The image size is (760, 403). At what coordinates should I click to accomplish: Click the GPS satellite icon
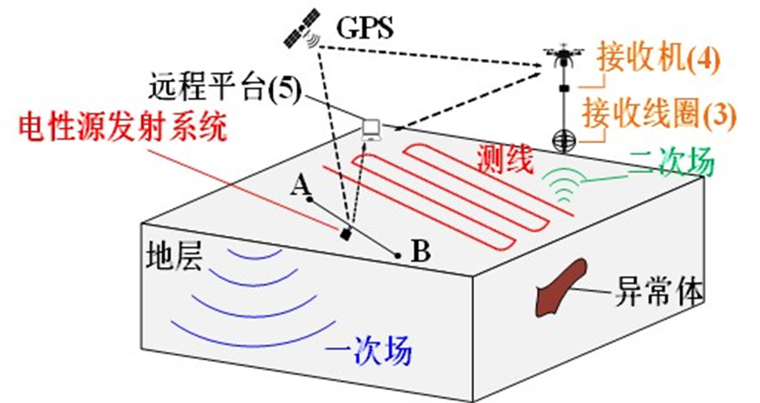(302, 29)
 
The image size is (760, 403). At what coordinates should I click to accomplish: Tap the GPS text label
(365, 29)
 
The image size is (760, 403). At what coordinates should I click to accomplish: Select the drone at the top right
(563, 55)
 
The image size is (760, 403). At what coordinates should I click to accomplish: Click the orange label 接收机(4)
(658, 58)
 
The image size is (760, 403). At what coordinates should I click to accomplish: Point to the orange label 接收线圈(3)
(659, 114)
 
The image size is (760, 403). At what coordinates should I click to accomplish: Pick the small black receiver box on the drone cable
(564, 88)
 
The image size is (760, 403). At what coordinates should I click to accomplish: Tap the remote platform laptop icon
(372, 130)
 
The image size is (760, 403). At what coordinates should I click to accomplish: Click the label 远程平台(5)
(225, 88)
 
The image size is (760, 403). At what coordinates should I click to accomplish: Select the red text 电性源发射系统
(122, 128)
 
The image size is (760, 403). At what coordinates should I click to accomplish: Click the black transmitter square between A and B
(346, 234)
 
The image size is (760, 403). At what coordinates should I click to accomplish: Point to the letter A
(301, 186)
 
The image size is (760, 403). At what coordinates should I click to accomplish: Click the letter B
(420, 251)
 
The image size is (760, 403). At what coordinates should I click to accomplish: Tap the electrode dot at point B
(398, 255)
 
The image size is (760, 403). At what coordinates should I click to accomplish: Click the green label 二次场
(671, 161)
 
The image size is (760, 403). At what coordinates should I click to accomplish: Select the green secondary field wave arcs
(564, 185)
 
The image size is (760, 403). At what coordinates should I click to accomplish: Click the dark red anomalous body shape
(560, 288)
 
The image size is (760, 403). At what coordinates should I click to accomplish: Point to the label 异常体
(659, 291)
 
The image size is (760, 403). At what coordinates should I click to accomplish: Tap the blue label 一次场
(369, 349)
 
